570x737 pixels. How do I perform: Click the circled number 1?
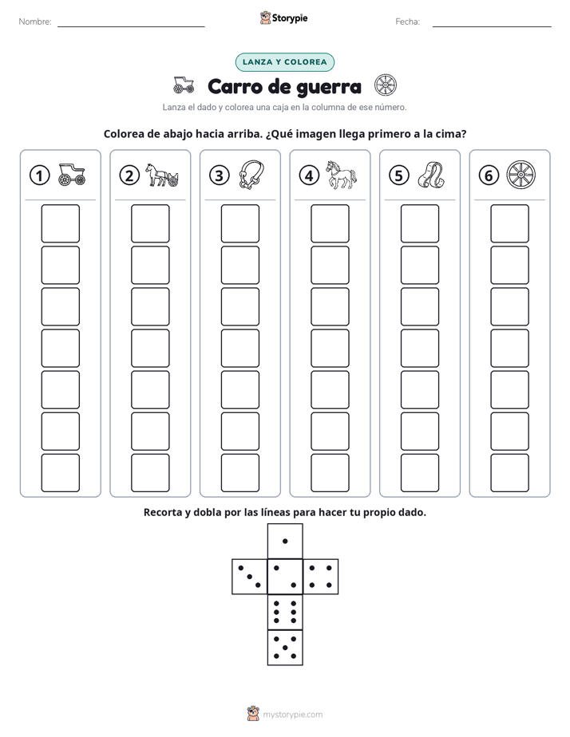39,175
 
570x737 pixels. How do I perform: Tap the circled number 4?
309,175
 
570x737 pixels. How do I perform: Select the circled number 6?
489,175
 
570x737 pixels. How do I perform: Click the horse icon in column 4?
342,175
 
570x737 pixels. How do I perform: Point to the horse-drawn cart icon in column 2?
162,175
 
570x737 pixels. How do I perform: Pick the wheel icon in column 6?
521,175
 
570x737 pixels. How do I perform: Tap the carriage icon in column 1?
72,175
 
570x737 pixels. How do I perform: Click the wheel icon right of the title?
386,85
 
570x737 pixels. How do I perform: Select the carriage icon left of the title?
184,85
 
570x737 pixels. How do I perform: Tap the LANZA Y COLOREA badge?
284,62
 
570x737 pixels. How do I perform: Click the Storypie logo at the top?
283,18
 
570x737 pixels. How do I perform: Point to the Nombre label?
35,22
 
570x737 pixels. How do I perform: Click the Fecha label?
408,22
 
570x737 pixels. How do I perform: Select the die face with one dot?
285,541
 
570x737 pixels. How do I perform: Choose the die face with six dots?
285,612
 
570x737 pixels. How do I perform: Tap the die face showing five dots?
285,647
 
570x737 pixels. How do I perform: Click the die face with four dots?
321,577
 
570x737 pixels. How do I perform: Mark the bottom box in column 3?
240,473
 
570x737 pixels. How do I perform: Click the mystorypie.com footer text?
292,715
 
